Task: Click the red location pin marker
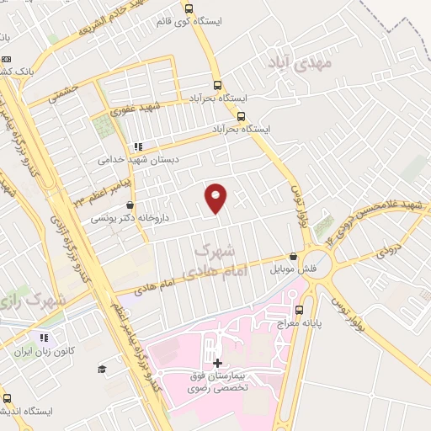point(216,199)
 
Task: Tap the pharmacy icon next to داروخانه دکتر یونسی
point(129,205)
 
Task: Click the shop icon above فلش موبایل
point(293,257)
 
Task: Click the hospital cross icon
point(218,362)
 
